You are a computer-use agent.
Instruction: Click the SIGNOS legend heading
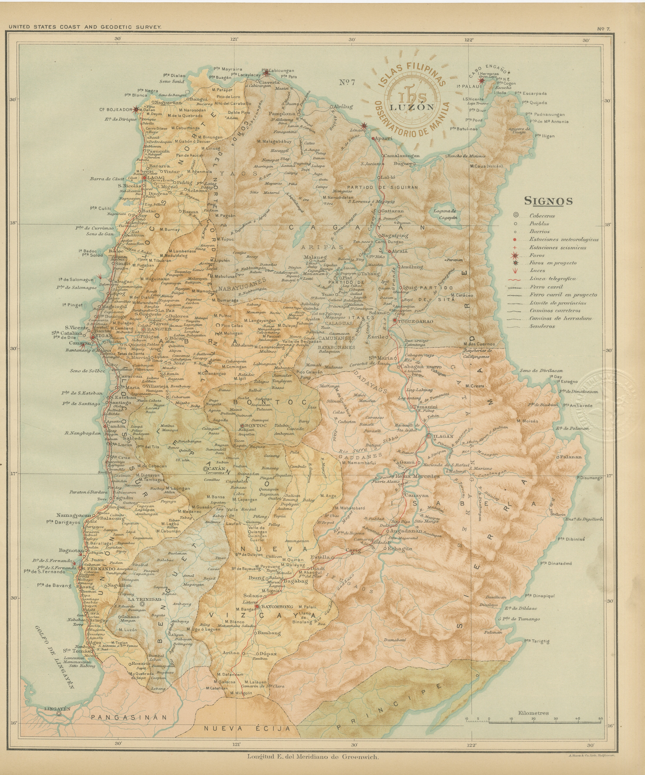pos(548,201)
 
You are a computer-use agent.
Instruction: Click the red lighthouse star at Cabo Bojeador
pos(136,109)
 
